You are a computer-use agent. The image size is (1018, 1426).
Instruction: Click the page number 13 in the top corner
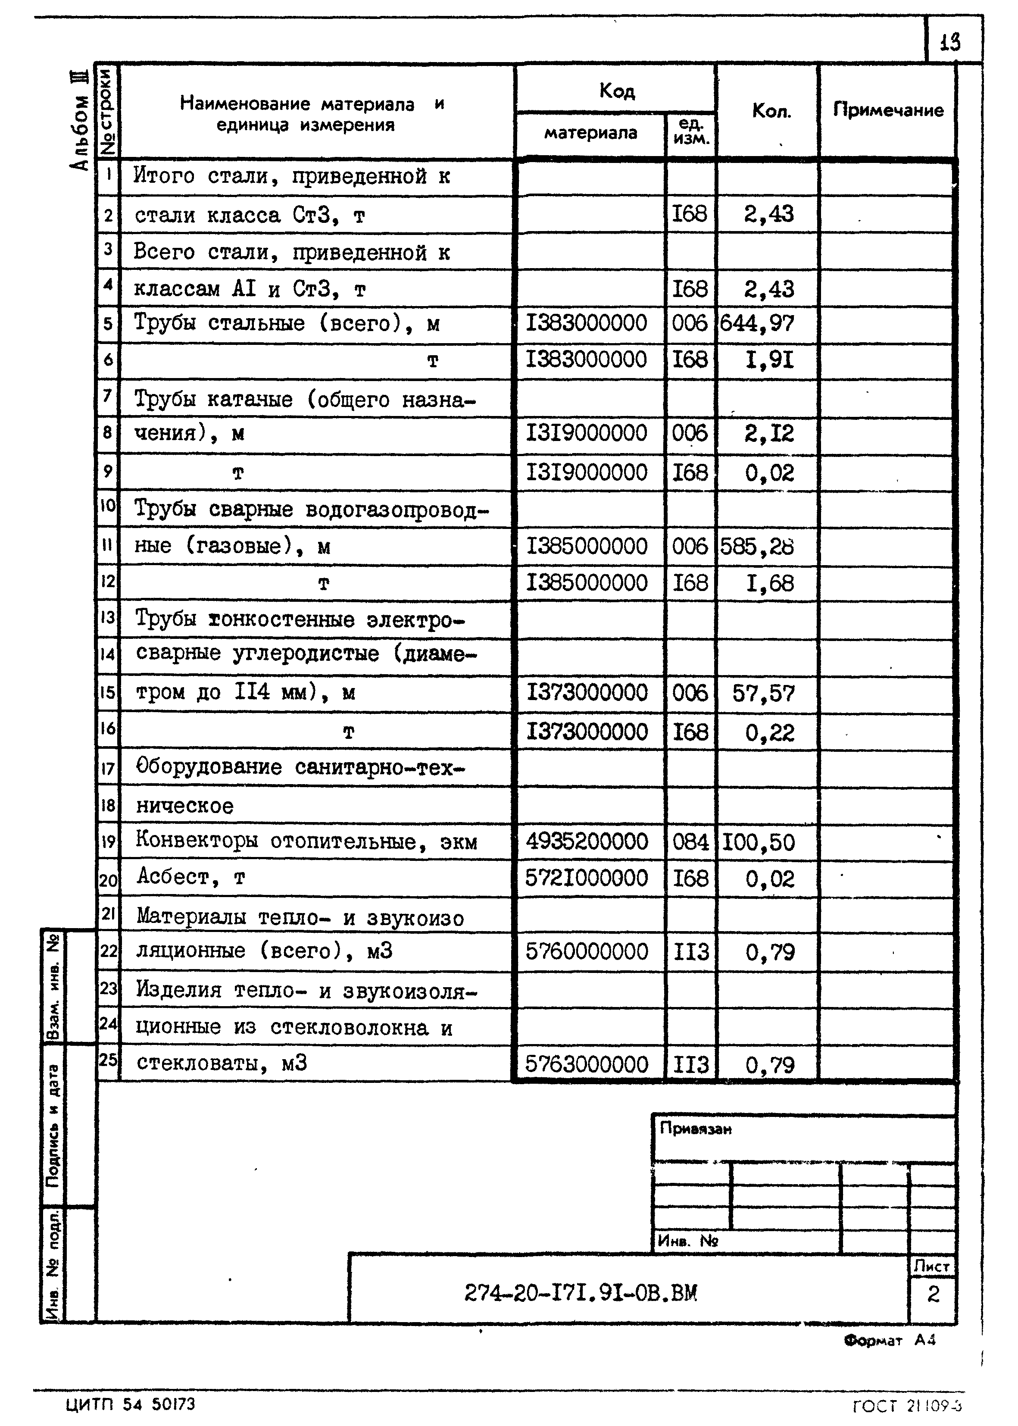(x=949, y=42)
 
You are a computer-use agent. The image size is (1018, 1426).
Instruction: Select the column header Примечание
(x=887, y=110)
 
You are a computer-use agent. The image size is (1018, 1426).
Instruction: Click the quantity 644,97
(x=757, y=323)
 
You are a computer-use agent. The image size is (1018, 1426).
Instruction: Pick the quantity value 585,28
(x=757, y=547)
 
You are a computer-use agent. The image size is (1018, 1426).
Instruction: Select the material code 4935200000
(x=586, y=841)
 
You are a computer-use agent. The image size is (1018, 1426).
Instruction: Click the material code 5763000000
(x=586, y=1064)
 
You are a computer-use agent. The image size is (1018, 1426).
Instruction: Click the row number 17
(x=108, y=768)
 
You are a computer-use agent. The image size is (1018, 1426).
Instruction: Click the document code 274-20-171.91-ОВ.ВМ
(x=581, y=1292)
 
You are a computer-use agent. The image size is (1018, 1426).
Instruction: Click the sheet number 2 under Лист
(x=933, y=1294)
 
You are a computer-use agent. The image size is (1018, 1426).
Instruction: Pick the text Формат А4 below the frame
(x=890, y=1340)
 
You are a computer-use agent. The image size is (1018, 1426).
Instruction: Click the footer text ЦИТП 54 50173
(x=131, y=1404)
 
